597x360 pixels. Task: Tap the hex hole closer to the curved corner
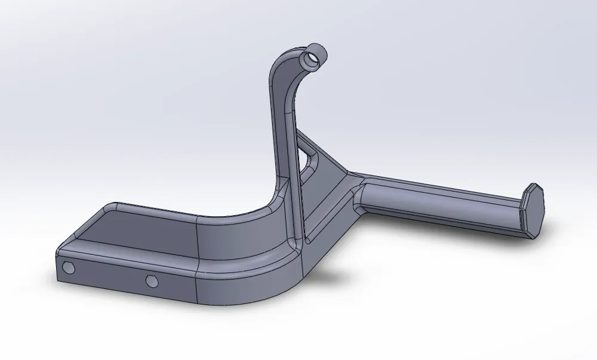click(151, 280)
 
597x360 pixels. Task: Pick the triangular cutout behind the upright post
click(310, 161)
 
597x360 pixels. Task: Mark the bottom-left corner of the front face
click(59, 279)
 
